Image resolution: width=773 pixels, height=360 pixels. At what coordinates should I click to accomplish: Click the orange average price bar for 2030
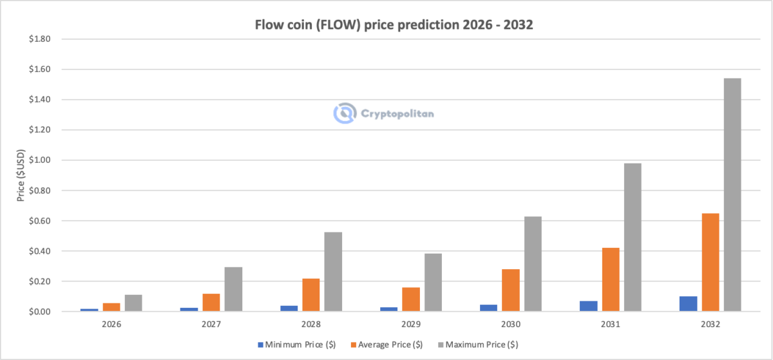(x=511, y=290)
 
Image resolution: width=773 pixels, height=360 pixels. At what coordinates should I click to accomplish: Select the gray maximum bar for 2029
(x=433, y=282)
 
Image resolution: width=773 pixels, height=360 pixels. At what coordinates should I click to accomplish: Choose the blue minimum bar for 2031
(x=589, y=306)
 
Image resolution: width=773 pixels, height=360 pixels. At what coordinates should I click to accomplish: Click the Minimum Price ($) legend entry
(x=292, y=345)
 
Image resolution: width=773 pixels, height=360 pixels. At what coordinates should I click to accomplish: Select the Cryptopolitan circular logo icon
(x=345, y=113)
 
